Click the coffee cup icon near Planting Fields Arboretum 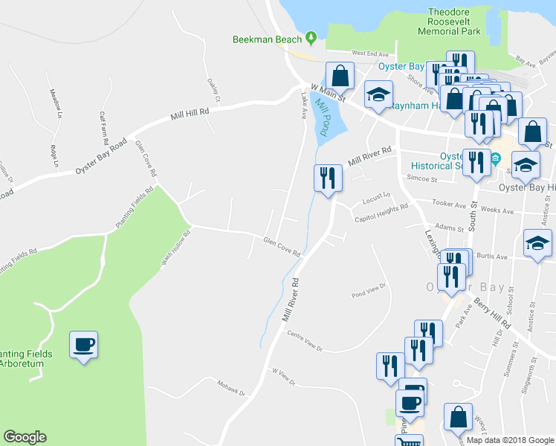pos(83,344)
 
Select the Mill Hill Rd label pos(190,114)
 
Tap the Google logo pos(25,437)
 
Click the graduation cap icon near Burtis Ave pos(537,243)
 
